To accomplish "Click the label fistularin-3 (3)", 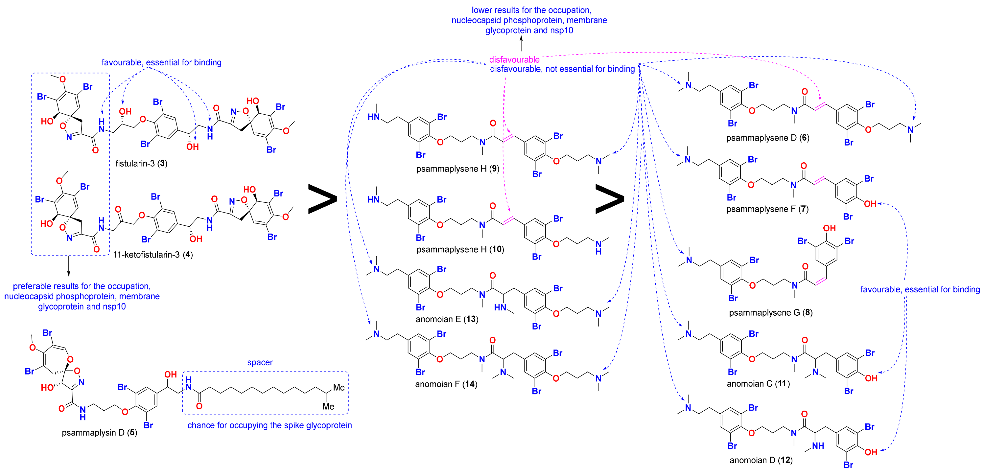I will click(x=141, y=163).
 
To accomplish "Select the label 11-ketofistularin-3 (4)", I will click(x=153, y=255).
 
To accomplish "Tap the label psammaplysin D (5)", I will click(x=99, y=433).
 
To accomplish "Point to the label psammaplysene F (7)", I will click(x=767, y=209).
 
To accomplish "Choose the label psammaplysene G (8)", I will click(x=770, y=312).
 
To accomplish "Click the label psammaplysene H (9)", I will click(x=457, y=169).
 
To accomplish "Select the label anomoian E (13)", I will click(x=447, y=319).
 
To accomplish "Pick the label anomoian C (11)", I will click(x=758, y=383).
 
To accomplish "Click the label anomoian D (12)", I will click(x=761, y=460).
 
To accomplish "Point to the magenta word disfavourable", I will click(x=514, y=59).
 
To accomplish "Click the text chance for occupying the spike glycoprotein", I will click(x=269, y=425).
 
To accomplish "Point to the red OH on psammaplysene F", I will click(x=870, y=204).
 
